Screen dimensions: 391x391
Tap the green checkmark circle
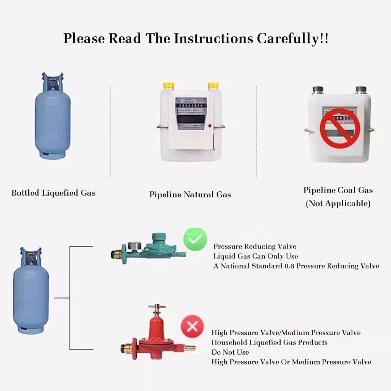click(195, 239)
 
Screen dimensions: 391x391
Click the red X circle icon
click(192, 326)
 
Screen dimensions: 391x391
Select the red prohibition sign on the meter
click(340, 128)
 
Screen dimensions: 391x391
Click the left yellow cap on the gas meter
click(168, 86)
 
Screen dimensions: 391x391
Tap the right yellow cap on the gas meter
click(213, 86)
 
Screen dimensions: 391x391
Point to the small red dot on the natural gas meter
click(210, 126)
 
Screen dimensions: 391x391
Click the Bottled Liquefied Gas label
click(53, 193)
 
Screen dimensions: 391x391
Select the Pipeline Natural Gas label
click(190, 195)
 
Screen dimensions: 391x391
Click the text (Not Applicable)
click(338, 204)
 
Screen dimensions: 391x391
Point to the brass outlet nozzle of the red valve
click(189, 348)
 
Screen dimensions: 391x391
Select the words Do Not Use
click(230, 352)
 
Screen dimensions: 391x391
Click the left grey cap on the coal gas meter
click(318, 90)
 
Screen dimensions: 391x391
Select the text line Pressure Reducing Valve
click(255, 247)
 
